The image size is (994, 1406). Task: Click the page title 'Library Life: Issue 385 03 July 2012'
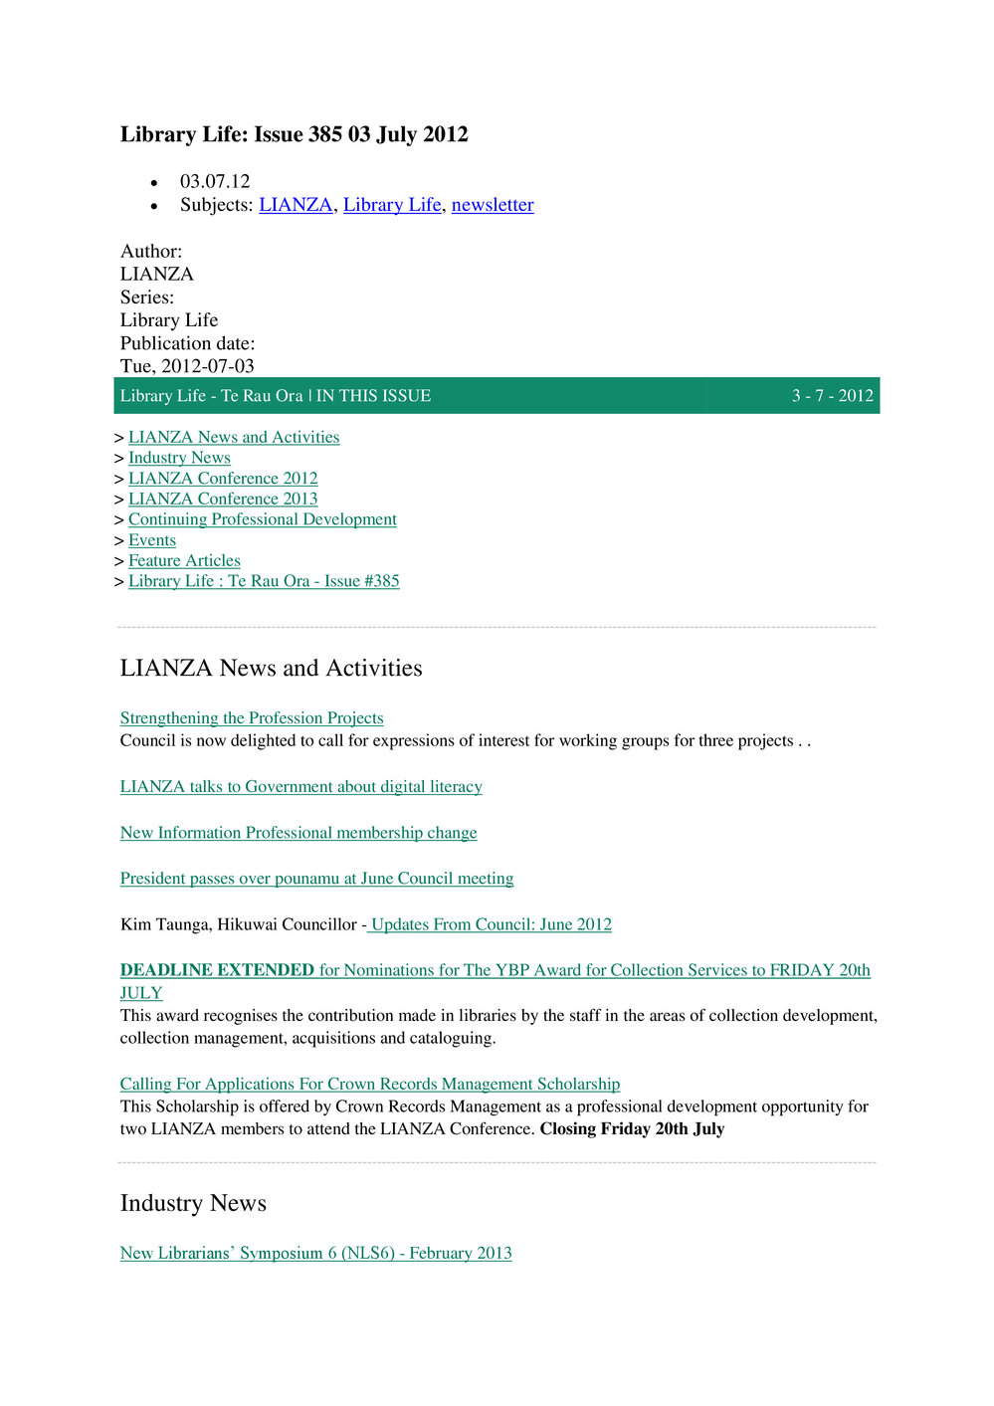coord(294,134)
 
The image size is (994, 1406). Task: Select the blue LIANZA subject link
coord(296,205)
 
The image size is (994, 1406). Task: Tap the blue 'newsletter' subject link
coord(493,205)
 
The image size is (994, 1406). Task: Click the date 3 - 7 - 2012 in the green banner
coord(832,396)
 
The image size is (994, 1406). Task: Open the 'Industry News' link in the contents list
coord(179,458)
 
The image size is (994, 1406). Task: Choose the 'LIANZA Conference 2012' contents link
coord(223,479)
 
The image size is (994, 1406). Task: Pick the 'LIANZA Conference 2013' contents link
coord(223,500)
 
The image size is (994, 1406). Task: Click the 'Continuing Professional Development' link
coord(262,519)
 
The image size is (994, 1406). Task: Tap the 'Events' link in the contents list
coord(152,540)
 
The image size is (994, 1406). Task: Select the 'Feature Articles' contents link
coord(184,561)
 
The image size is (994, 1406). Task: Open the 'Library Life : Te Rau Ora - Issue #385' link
coord(264,581)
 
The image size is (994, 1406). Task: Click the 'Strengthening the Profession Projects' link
coord(252,718)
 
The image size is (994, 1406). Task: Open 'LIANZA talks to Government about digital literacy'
coord(300,787)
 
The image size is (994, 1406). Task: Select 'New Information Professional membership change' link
coord(298,833)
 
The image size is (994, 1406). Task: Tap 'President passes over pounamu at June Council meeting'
coord(316,879)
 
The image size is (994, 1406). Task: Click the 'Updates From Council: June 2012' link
coord(491,924)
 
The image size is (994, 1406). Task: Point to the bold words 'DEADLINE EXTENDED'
coord(217,970)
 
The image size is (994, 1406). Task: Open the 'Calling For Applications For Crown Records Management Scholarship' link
coord(369,1084)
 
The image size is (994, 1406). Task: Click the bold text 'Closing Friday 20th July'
coord(632,1129)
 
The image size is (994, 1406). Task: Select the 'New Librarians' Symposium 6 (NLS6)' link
coord(315,1253)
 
